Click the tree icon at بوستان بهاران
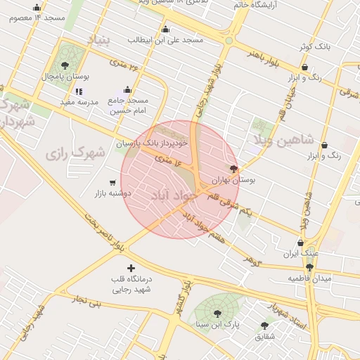(x=233, y=169)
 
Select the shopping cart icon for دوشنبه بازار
(x=112, y=182)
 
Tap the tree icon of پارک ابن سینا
(x=217, y=314)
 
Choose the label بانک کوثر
(x=313, y=46)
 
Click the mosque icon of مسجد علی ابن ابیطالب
(x=165, y=29)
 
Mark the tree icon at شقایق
(x=264, y=326)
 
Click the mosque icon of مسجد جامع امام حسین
(x=127, y=89)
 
